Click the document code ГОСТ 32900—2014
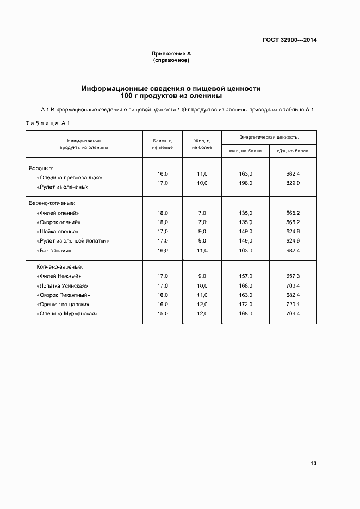click(290, 40)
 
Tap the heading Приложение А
click(171, 54)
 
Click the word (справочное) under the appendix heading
click(171, 60)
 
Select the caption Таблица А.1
click(48, 123)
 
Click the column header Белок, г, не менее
click(163, 144)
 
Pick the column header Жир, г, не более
click(202, 144)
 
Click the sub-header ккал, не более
click(245, 151)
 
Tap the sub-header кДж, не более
click(293, 151)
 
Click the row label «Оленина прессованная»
click(70, 177)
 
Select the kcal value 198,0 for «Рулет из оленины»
click(245, 183)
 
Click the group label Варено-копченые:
click(55, 203)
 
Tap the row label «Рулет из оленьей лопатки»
click(73, 240)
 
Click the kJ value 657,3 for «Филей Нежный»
click(293, 276)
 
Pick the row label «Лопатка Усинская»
click(62, 285)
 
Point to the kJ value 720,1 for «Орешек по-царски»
click(293, 304)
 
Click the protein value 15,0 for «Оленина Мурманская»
click(163, 314)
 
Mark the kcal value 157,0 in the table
click(245, 276)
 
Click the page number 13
click(313, 463)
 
